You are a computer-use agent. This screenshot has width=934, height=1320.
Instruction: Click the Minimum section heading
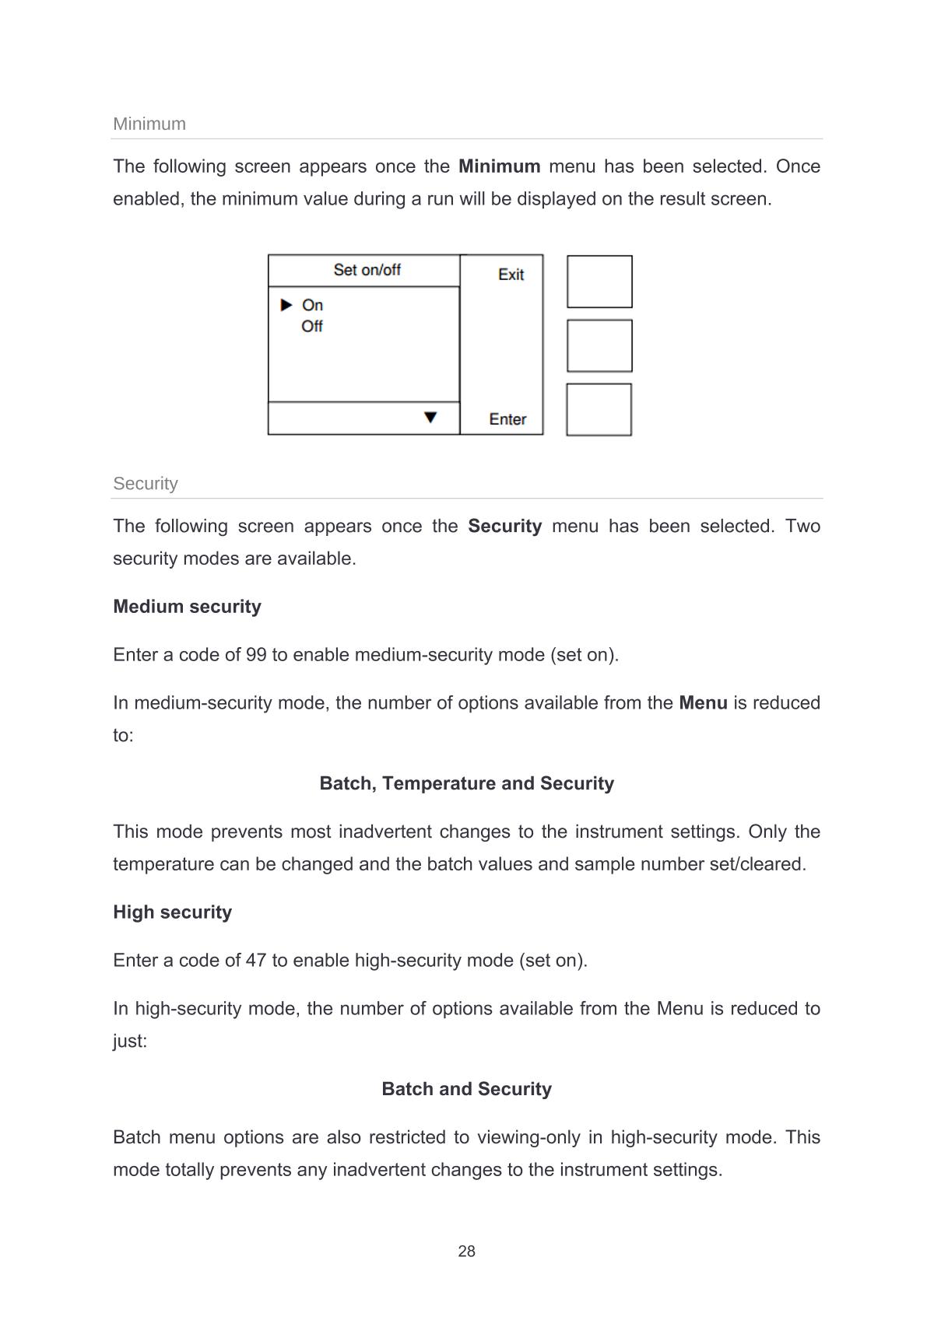[149, 124]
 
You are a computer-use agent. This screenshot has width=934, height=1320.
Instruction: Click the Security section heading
[146, 483]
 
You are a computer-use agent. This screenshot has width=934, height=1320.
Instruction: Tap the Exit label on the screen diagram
[511, 275]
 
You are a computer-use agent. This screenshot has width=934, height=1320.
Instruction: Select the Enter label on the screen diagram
[507, 419]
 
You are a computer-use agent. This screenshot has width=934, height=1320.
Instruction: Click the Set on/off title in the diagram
[367, 270]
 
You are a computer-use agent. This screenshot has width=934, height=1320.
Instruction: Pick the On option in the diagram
[312, 305]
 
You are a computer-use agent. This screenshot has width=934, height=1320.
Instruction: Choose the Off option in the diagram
[312, 327]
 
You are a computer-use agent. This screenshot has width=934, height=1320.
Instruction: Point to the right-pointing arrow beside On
[286, 305]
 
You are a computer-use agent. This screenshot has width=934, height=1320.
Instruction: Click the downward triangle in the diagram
[430, 418]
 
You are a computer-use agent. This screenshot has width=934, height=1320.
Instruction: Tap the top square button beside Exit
[599, 282]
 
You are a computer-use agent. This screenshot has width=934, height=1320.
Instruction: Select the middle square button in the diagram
[599, 345]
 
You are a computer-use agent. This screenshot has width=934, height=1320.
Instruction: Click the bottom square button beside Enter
[599, 409]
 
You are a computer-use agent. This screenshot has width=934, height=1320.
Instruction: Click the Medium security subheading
[187, 607]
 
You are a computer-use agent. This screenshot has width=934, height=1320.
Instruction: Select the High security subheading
[172, 912]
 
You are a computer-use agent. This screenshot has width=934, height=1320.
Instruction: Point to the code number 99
[256, 655]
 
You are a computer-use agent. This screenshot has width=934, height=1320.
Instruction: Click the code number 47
[256, 961]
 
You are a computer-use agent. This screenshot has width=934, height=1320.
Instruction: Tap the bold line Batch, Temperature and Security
[466, 783]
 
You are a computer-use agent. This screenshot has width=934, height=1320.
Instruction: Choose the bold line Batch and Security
[466, 1089]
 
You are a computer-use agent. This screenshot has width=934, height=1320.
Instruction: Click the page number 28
[466, 1252]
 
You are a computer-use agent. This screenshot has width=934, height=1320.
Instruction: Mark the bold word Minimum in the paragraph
[499, 166]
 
